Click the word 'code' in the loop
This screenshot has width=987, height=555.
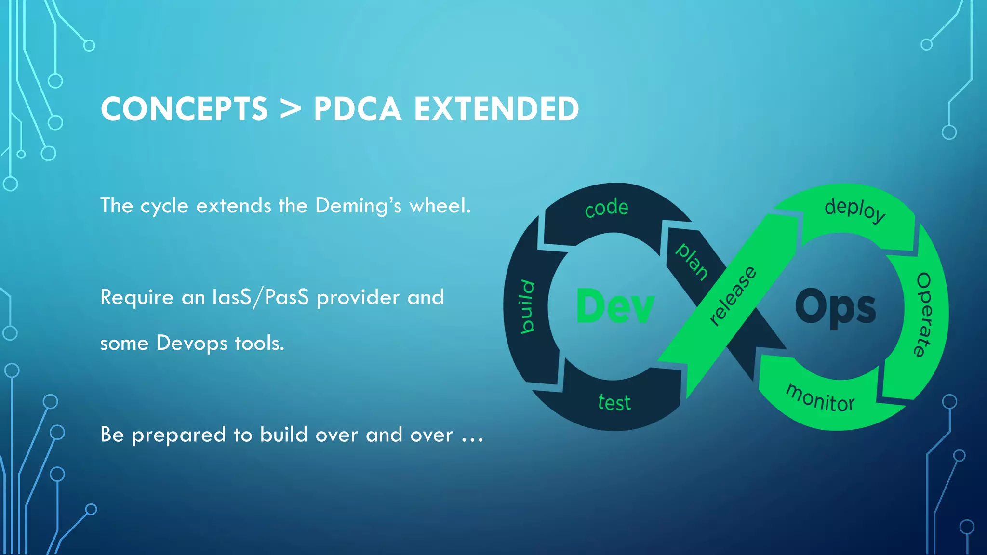tap(606, 208)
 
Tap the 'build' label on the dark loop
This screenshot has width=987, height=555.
tap(528, 306)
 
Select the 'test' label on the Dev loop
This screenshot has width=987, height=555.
tap(614, 402)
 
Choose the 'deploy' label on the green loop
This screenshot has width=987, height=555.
tap(855, 209)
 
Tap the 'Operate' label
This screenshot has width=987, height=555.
tap(924, 315)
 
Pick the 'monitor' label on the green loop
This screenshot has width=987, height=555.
tap(820, 398)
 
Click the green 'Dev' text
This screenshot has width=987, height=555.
tap(615, 306)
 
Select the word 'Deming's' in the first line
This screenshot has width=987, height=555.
tap(358, 206)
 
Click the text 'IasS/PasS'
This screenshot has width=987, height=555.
tap(260, 297)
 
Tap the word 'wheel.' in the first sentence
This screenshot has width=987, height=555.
tap(440, 206)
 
